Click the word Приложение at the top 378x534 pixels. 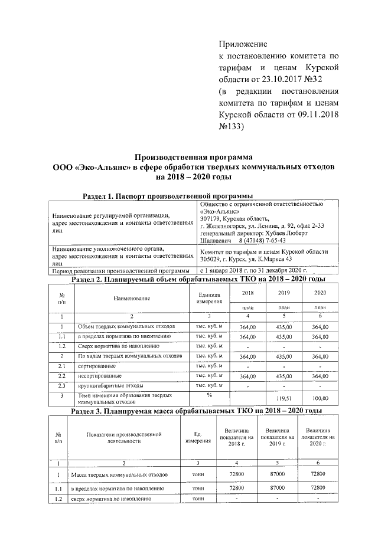tap(243, 44)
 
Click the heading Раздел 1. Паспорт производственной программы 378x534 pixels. tap(167, 196)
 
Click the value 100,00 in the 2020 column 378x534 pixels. tap(320, 398)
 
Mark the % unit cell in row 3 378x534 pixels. tap(208, 394)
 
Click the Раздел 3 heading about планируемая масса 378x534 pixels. tap(196, 411)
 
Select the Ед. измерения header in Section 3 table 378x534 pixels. tap(197, 437)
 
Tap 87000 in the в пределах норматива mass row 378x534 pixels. tap(281, 488)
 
